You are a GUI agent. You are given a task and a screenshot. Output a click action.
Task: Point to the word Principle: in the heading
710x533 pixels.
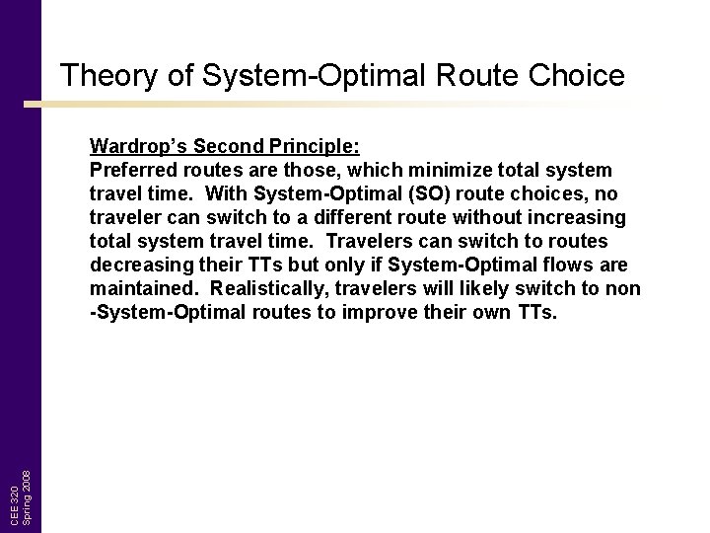click(308, 146)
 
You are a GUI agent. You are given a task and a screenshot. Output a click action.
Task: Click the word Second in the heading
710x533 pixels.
click(223, 146)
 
